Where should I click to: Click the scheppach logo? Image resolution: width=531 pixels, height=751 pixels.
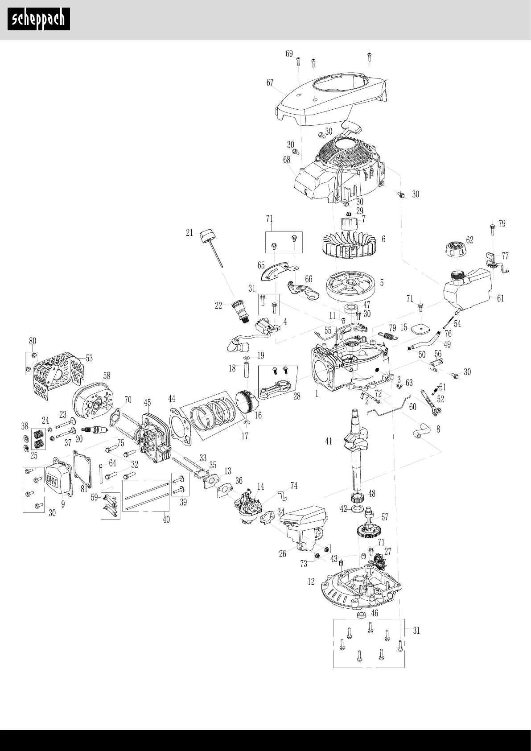tap(39, 20)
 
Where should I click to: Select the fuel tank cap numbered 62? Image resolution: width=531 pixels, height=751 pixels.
tap(455, 248)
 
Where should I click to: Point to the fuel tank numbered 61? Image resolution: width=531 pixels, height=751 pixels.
tap(468, 293)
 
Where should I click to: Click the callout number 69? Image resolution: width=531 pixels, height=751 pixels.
tap(289, 54)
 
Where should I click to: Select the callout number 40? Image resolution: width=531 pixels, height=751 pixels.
tap(166, 519)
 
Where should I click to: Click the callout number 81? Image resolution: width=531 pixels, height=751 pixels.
tap(84, 488)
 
